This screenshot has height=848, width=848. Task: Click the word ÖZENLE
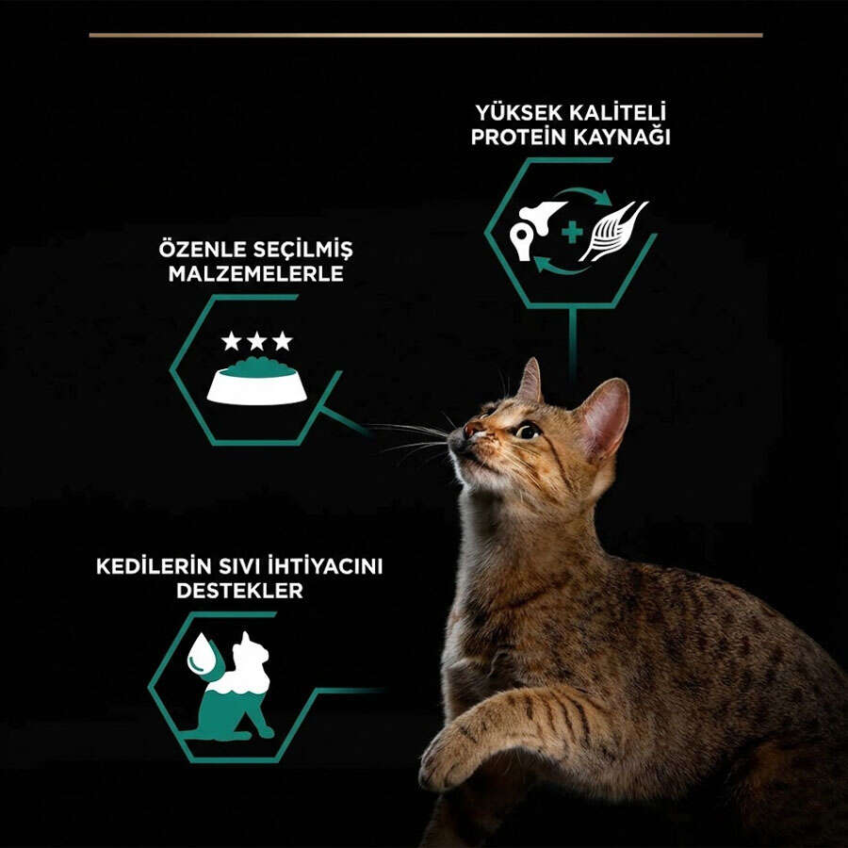pyautogui.click(x=203, y=250)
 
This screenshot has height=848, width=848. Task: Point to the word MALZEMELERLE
pyautogui.click(x=255, y=273)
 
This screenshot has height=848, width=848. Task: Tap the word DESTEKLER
pyautogui.click(x=239, y=591)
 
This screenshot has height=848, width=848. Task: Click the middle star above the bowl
pyautogui.click(x=257, y=341)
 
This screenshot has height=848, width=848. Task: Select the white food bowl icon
pyautogui.click(x=257, y=382)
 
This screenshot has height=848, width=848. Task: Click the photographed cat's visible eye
pyautogui.click(x=527, y=431)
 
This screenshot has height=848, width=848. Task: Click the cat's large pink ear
pyautogui.click(x=605, y=417)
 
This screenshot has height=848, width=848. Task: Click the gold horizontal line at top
pyautogui.click(x=426, y=35)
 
